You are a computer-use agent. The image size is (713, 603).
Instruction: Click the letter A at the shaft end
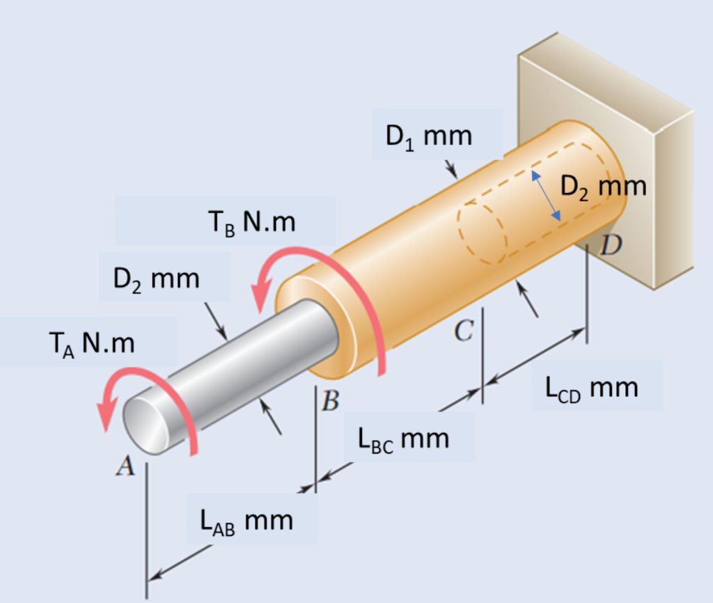point(125,467)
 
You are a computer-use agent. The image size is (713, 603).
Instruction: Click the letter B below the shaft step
point(331,401)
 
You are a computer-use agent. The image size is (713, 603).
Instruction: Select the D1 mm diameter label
point(429,135)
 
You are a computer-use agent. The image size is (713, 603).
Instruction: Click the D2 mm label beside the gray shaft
point(156,279)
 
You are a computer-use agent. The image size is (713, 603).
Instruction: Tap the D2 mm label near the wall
point(603,186)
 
